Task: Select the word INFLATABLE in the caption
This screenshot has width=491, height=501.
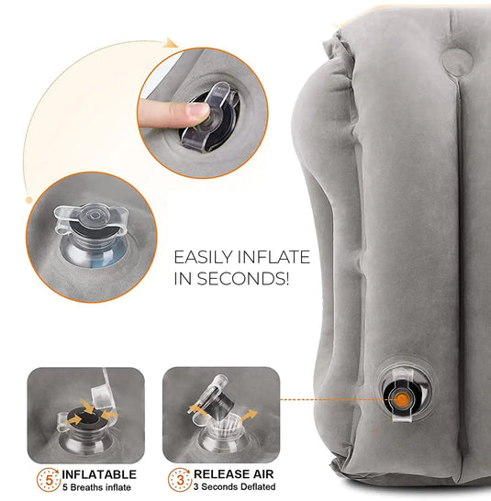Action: [x=100, y=474]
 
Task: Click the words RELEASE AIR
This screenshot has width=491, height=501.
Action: [x=234, y=474]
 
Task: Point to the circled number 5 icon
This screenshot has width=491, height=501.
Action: [x=45, y=479]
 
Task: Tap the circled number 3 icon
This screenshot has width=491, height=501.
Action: [x=180, y=479]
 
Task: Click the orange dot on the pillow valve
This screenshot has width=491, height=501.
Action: [x=402, y=398]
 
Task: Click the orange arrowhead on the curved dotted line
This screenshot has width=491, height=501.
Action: [x=170, y=42]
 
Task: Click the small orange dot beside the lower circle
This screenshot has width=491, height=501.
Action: [x=29, y=199]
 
